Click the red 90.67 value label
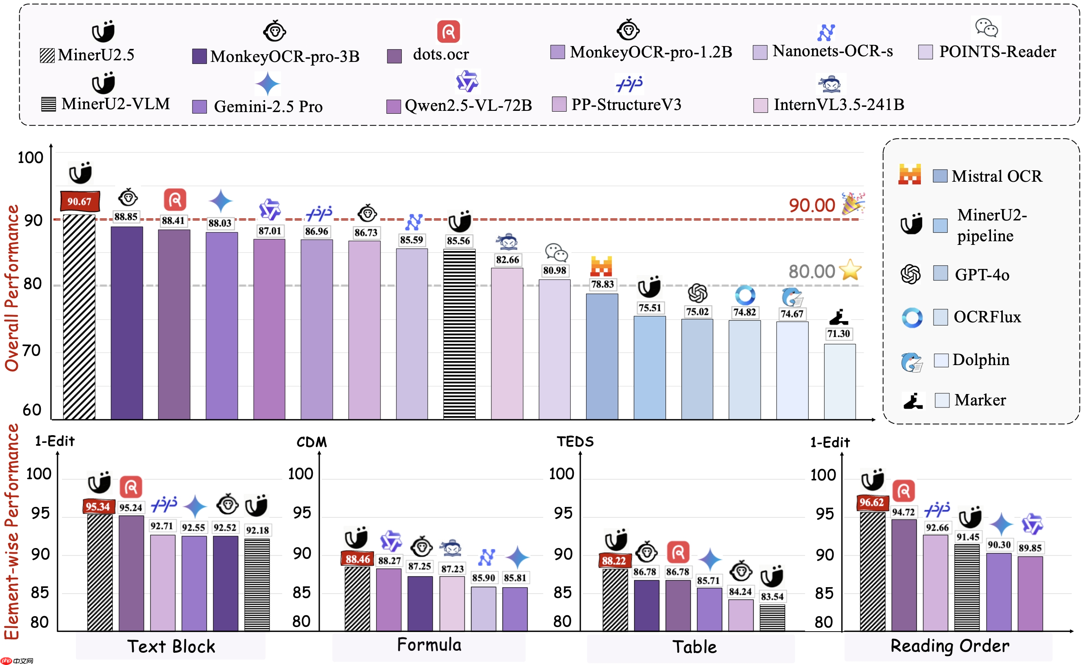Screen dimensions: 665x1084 80,201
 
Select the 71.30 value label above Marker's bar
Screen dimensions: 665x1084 838,333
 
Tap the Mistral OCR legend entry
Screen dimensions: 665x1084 996,176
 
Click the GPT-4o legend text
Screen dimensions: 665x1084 982,275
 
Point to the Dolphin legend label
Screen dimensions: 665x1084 980,360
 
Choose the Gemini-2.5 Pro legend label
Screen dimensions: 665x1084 268,106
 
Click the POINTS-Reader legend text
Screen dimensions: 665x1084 997,52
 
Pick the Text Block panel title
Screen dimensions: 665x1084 171,647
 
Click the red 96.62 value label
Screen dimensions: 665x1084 872,502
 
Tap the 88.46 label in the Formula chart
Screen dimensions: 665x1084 357,559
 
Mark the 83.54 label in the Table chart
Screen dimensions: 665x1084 772,597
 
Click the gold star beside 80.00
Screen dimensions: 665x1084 850,270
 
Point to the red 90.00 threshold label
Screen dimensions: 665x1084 812,205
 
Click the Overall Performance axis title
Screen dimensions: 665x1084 12,288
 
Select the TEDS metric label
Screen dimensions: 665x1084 575,442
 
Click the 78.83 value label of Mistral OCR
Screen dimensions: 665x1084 602,284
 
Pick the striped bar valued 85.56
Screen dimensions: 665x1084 459,334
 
